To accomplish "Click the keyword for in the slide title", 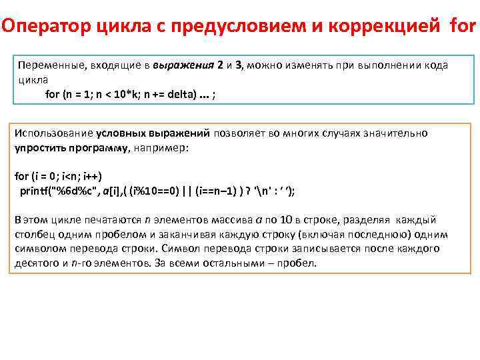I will [x=463, y=27].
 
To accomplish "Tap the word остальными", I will [x=241, y=262].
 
